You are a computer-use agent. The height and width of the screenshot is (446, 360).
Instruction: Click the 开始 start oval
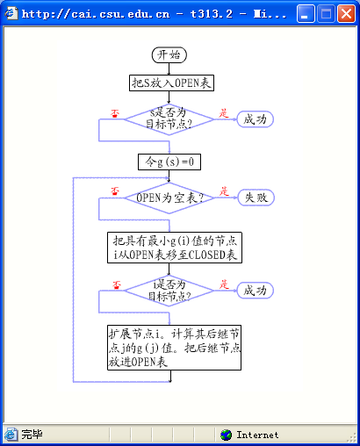click(x=169, y=55)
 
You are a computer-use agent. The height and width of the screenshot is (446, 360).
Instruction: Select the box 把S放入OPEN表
click(x=171, y=83)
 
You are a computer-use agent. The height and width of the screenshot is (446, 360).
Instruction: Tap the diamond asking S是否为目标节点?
click(x=169, y=119)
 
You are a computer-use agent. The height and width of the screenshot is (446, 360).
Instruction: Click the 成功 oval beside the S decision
click(x=255, y=119)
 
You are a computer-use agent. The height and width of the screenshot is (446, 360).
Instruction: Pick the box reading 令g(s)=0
click(x=169, y=162)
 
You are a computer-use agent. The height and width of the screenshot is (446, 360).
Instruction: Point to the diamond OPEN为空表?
click(x=169, y=198)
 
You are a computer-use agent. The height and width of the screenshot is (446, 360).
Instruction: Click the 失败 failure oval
click(x=256, y=198)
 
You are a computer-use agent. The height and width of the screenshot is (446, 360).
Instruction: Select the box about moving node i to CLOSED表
click(x=175, y=248)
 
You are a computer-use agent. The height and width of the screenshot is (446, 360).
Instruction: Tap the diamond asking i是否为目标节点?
click(x=169, y=291)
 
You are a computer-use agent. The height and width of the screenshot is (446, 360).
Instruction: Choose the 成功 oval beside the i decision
click(x=255, y=291)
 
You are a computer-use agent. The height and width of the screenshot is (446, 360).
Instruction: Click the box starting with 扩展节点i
click(x=175, y=348)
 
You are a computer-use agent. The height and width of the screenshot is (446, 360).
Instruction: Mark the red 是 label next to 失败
click(x=224, y=191)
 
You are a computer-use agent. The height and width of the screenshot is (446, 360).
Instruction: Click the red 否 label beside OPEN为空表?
click(x=115, y=191)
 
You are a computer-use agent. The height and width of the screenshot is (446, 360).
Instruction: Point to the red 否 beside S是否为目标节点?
click(x=115, y=113)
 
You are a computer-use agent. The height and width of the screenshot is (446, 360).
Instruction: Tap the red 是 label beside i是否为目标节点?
click(x=224, y=284)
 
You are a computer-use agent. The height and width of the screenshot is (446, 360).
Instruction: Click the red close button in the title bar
click(x=346, y=13)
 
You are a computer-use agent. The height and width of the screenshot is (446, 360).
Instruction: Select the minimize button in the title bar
click(x=306, y=13)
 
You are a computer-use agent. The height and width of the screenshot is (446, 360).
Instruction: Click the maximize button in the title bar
click(x=326, y=13)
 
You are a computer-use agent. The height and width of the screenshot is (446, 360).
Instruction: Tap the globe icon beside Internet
click(x=226, y=435)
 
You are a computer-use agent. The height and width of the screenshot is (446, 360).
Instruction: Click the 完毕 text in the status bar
click(x=32, y=435)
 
